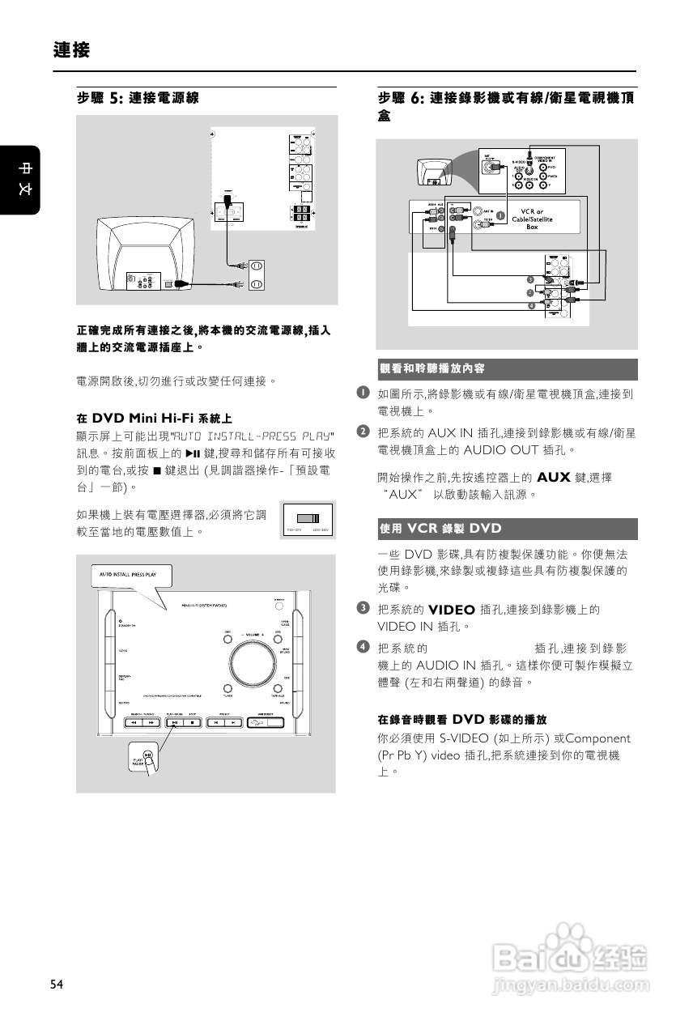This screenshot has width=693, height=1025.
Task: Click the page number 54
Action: point(56,984)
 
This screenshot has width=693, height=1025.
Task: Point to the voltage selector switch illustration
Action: point(308,519)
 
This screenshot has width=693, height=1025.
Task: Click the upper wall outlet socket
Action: point(257,266)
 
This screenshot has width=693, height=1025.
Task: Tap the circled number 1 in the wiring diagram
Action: point(501,216)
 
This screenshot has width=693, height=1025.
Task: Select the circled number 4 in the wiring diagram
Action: point(529,305)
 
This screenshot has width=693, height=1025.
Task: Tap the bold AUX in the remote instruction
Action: point(553,478)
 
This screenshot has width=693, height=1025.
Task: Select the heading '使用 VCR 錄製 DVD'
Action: point(441,529)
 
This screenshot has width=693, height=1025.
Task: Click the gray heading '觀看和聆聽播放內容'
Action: point(432,369)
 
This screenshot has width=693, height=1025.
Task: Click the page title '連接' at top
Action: point(71,50)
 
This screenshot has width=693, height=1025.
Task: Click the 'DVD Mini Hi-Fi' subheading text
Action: point(154,419)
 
